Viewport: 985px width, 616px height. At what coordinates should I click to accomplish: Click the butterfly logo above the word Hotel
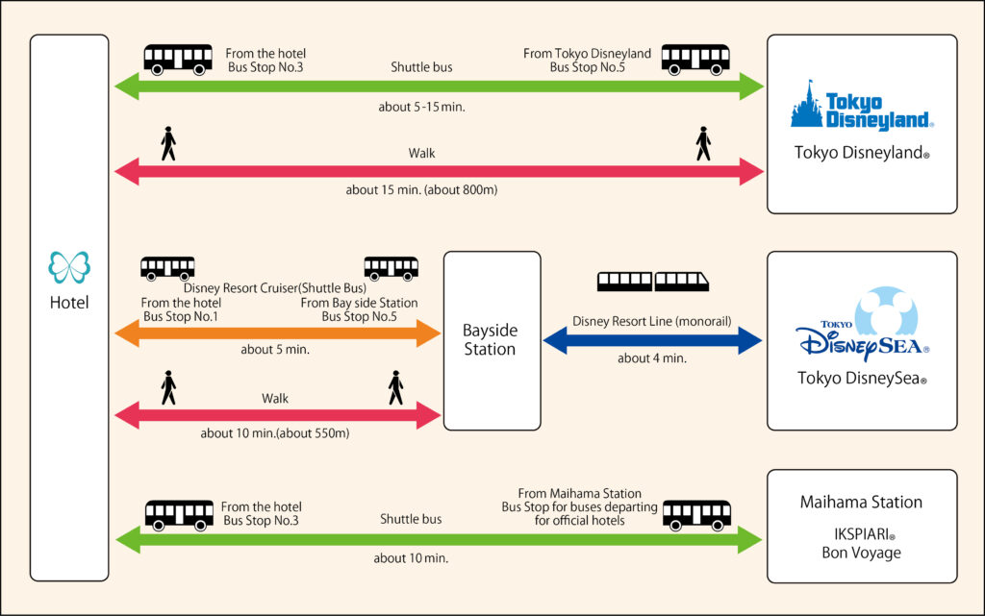click(x=69, y=267)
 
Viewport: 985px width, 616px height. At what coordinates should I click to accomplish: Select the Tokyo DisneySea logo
click(x=860, y=327)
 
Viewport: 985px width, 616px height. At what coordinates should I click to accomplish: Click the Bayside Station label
click(x=490, y=339)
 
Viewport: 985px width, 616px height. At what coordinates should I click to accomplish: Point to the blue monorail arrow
click(x=652, y=339)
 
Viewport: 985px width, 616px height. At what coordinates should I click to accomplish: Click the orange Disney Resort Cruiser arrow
click(x=277, y=333)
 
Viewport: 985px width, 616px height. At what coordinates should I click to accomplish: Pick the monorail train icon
click(x=653, y=282)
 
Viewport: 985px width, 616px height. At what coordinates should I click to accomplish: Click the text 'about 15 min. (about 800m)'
click(x=421, y=190)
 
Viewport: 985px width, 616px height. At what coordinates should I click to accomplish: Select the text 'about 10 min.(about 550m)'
click(x=275, y=433)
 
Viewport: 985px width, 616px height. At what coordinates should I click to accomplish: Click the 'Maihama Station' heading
click(x=861, y=502)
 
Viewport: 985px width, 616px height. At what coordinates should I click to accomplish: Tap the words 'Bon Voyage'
click(x=860, y=553)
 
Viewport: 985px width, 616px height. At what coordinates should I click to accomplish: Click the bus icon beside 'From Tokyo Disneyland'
click(x=695, y=60)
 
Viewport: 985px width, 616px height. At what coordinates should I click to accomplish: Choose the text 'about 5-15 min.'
click(x=421, y=107)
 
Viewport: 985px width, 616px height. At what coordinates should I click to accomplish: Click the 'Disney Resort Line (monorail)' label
click(x=652, y=321)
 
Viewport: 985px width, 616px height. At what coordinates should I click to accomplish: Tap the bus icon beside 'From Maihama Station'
click(x=696, y=515)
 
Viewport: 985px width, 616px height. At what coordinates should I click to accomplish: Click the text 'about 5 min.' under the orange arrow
click(x=275, y=350)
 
